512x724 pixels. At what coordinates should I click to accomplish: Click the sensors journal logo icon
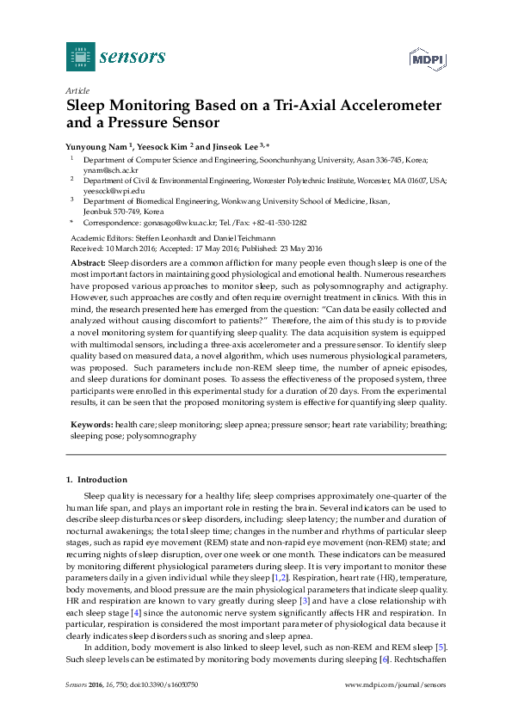[81, 57]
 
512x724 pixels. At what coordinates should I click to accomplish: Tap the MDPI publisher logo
[426, 58]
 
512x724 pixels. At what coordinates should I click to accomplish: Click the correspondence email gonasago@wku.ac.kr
[168, 222]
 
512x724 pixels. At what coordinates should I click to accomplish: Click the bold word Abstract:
[88, 261]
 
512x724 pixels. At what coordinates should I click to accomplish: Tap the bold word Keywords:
[90, 425]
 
